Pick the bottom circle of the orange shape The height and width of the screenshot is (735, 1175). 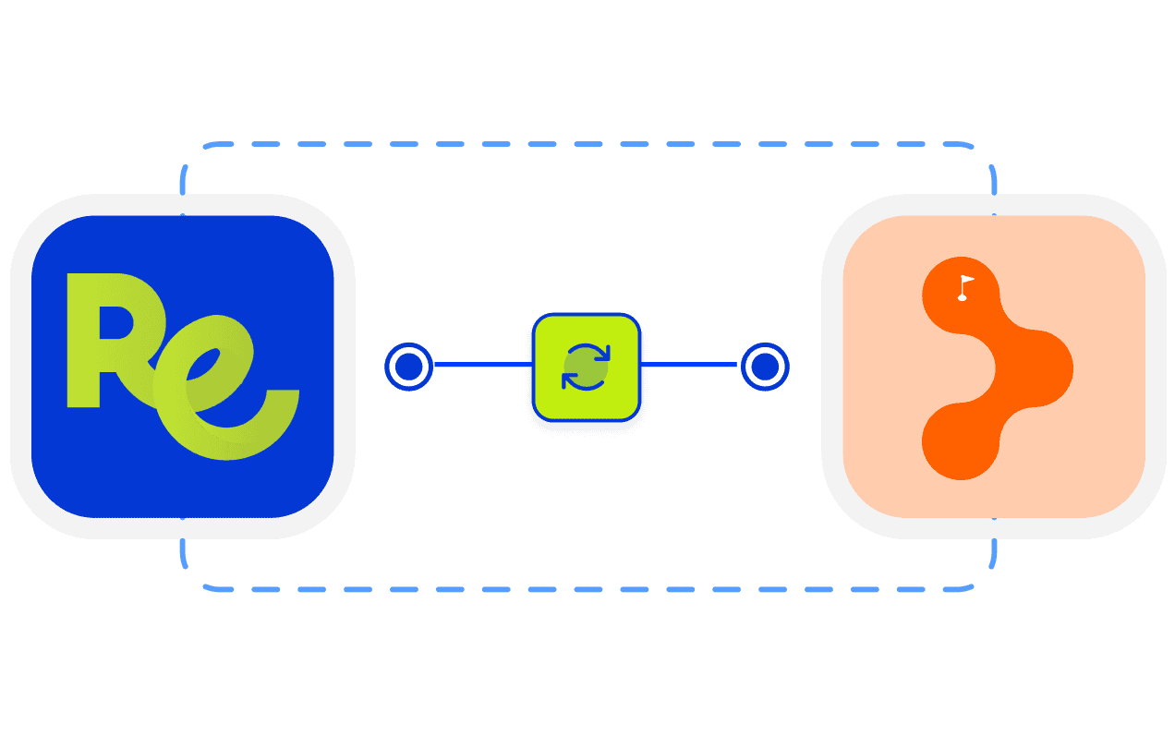961,440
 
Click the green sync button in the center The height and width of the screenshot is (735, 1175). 586,367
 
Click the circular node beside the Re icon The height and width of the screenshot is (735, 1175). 408,367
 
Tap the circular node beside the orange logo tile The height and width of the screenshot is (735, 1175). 765,367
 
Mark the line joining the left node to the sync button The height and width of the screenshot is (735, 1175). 482,366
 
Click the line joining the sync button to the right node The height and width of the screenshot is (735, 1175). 689,366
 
